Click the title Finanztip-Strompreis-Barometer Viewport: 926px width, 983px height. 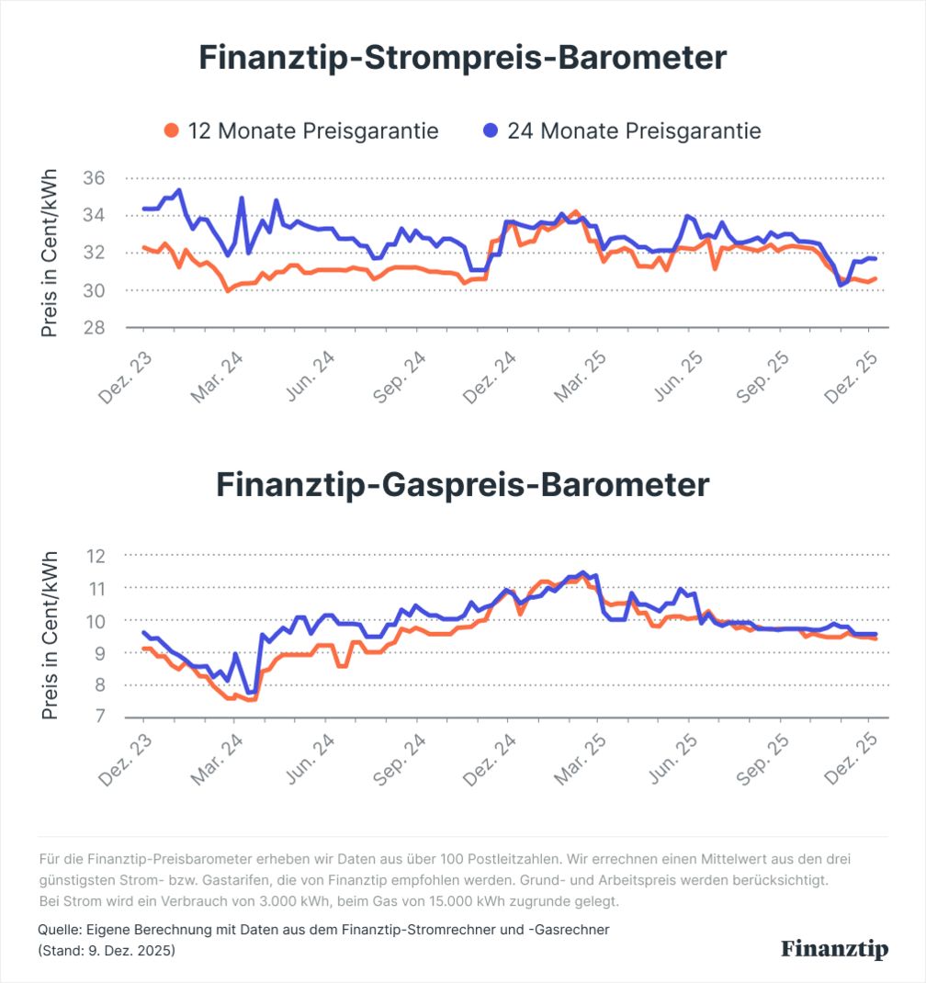(x=463, y=59)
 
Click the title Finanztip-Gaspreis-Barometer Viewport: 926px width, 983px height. (x=463, y=485)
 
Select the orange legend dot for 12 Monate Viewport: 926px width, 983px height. (x=171, y=131)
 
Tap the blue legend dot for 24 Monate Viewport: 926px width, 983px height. (x=491, y=131)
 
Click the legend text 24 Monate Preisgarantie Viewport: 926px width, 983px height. (x=634, y=131)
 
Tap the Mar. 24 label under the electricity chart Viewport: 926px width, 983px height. (x=218, y=377)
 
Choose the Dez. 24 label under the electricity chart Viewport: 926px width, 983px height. (x=491, y=377)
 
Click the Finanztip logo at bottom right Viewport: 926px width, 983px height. (x=835, y=949)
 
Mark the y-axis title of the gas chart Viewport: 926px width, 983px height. (x=51, y=636)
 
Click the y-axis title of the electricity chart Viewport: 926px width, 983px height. (x=51, y=253)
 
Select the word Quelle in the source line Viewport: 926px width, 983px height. (x=58, y=930)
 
